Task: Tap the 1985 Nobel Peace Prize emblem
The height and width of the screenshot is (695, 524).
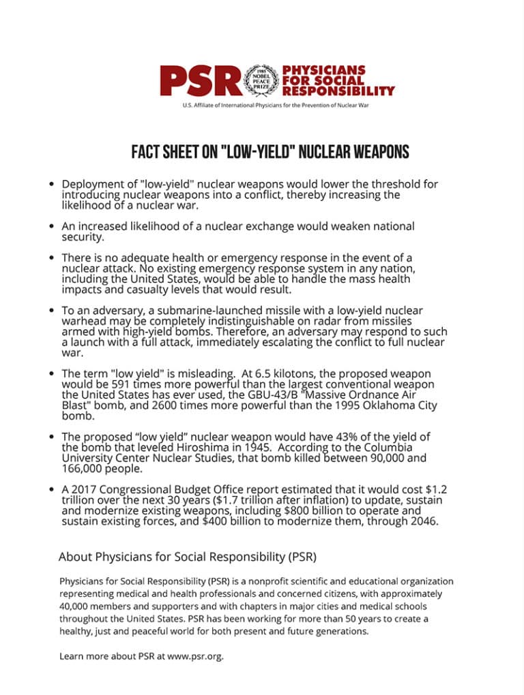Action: coord(261,80)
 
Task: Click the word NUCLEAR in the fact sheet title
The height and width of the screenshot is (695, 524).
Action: coord(321,151)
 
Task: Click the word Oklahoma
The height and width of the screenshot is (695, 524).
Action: coord(380,405)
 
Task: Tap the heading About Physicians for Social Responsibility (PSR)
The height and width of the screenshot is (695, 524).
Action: coord(187,557)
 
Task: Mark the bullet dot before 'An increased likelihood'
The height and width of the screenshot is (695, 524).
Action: coord(52,226)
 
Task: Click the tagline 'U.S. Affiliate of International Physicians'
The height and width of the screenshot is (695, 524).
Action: coord(276,106)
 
